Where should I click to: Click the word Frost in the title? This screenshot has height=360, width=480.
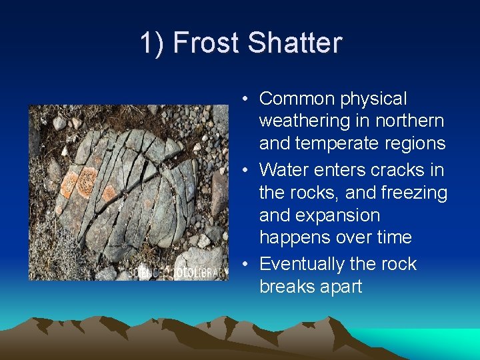[x=207, y=43]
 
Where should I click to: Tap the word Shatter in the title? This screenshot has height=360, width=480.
[x=295, y=43]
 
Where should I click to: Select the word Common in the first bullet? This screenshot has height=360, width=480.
[x=297, y=99]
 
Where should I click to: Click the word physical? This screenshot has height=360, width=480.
[x=373, y=99]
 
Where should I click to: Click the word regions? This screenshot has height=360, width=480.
[x=413, y=143]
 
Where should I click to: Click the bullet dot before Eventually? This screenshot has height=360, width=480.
[x=247, y=265]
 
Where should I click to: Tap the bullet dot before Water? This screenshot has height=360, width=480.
[x=247, y=171]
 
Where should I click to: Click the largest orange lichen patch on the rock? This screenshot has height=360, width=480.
[x=85, y=181]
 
